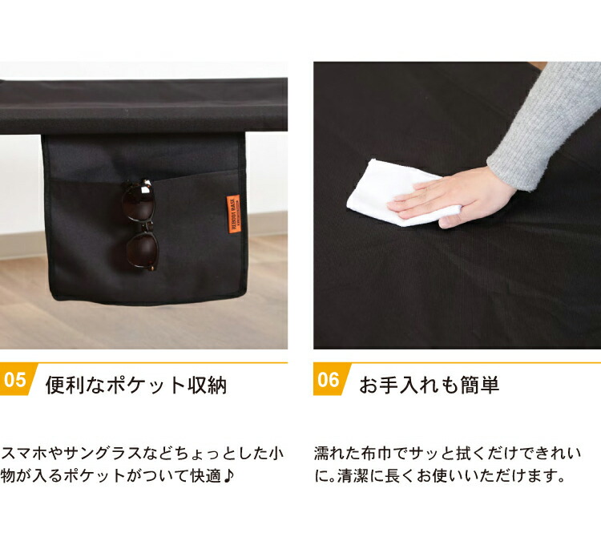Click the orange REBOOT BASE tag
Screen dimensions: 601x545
[x=233, y=214]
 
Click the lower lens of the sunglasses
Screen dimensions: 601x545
[x=143, y=249]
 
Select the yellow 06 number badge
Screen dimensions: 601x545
[x=331, y=379]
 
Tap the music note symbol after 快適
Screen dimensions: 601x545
[x=228, y=475]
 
